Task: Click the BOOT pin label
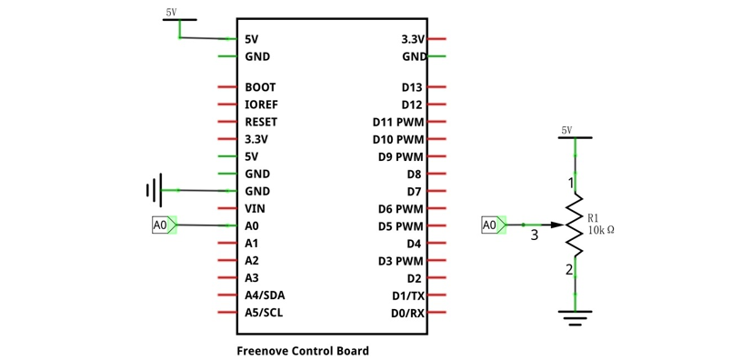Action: click(x=260, y=87)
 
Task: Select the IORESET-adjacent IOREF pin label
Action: click(x=261, y=105)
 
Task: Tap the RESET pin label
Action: click(x=261, y=122)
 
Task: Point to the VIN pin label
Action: click(x=255, y=208)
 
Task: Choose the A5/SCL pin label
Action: click(x=264, y=313)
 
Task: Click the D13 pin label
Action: click(x=412, y=87)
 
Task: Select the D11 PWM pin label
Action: click(x=398, y=122)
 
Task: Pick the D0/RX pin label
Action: click(x=408, y=313)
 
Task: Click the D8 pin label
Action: click(x=415, y=174)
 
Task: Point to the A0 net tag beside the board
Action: click(x=165, y=225)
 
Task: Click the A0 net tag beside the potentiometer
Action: click(x=494, y=225)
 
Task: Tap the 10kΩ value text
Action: click(x=601, y=230)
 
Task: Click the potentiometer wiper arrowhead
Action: click(x=556, y=225)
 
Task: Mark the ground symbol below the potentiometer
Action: click(x=575, y=318)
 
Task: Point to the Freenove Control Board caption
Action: click(x=303, y=351)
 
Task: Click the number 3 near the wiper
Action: click(x=535, y=235)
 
